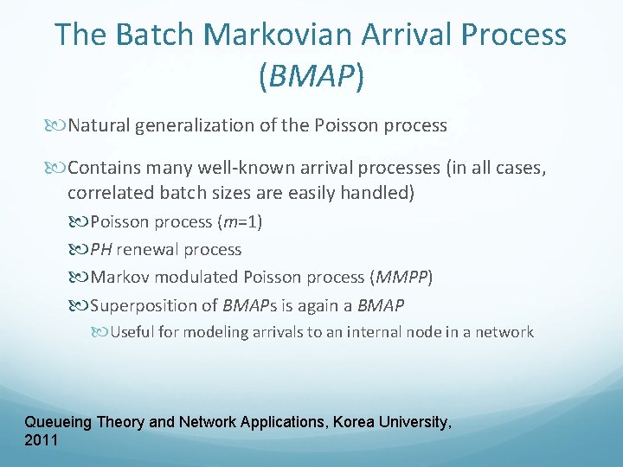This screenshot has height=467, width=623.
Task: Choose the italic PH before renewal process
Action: pos(101,250)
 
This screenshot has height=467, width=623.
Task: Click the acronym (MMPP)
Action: pos(401,278)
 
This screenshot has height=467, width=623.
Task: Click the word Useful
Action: pos(131,332)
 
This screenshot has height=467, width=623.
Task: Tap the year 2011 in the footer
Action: pos(42,440)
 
